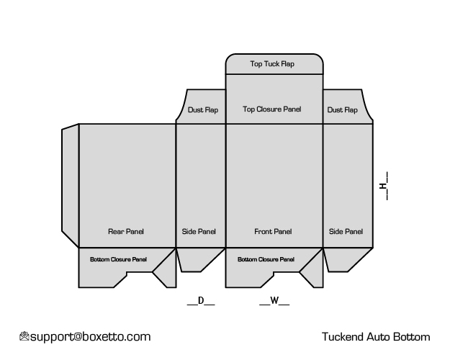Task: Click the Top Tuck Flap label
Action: point(272,64)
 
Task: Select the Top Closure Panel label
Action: point(271,109)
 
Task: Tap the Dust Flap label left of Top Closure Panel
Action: point(203,109)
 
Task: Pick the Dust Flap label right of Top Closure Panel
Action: point(343,109)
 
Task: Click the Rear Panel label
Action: point(126,231)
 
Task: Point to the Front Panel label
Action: point(273,231)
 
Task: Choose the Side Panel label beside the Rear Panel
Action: point(199,231)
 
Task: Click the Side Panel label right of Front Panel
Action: point(346,231)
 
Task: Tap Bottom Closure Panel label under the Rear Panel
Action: point(118,259)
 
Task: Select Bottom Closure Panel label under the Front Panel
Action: point(266,259)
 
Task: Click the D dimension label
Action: point(201,300)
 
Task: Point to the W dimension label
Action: point(274,300)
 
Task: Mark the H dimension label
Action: point(384,186)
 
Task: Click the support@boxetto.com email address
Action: point(91,337)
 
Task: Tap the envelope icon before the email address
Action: point(24,336)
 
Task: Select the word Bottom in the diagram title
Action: point(412,337)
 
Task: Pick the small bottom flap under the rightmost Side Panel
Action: point(347,259)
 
